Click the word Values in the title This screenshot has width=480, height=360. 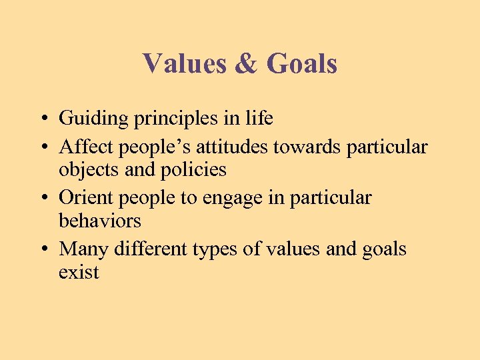[185, 64]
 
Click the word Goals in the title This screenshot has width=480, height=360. [301, 64]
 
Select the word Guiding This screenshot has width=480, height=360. [93, 119]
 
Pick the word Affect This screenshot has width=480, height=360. [83, 145]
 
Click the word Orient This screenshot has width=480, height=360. [83, 197]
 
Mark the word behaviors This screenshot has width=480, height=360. [100, 221]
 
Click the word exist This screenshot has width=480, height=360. [79, 272]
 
